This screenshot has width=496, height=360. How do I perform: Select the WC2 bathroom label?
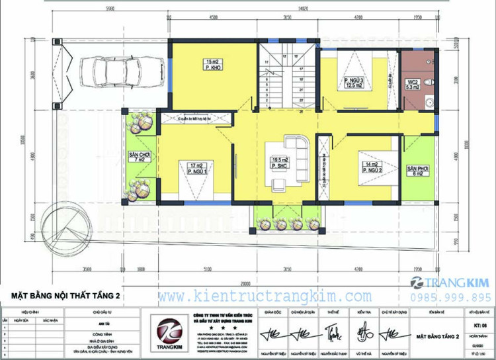point(411,83)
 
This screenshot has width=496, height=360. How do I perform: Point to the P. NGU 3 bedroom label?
point(354,83)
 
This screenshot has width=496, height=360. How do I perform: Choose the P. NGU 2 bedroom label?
point(370,167)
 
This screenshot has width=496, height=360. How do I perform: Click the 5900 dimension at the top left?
point(110,9)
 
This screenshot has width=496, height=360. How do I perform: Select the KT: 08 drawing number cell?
point(479,326)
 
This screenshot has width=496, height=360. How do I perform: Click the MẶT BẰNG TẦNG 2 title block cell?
point(437,337)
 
